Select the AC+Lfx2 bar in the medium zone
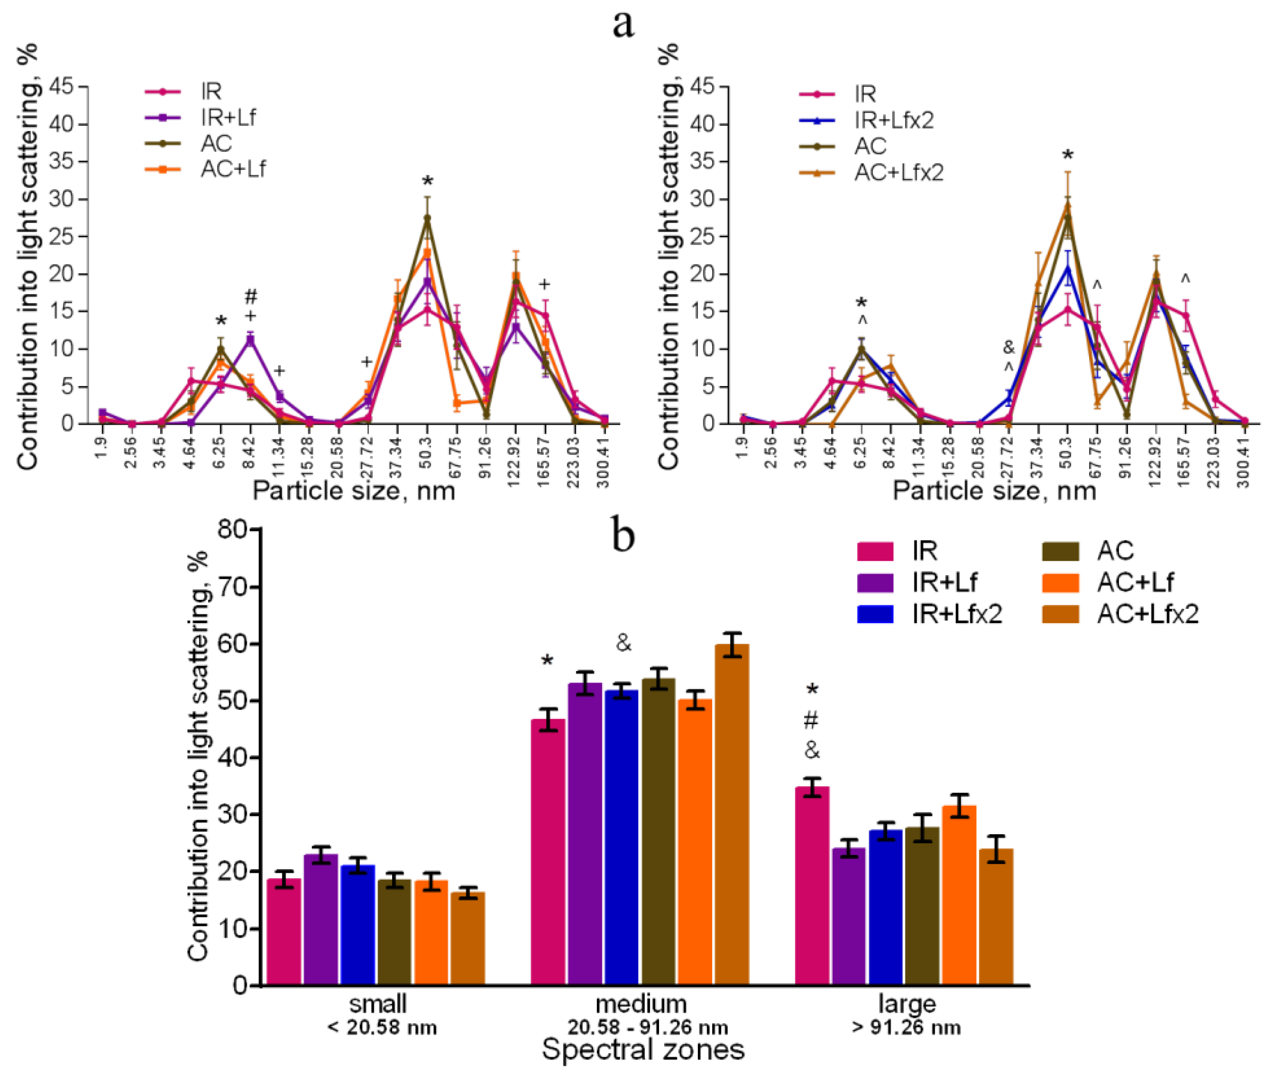732,815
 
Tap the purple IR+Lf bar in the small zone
320,920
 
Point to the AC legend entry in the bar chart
1115,551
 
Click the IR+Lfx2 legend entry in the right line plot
894,120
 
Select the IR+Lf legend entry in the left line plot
228,117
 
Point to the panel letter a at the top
623,25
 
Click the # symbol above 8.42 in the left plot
251,297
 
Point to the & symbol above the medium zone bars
623,643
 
